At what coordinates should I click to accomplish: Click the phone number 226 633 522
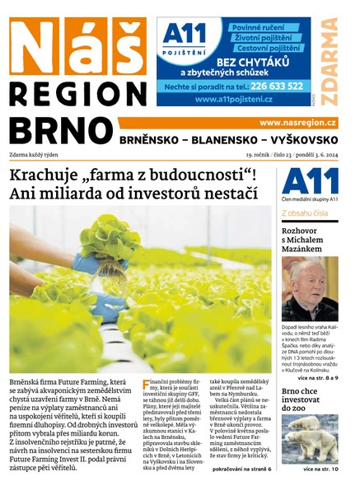click(277, 85)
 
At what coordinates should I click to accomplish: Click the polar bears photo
click(310, 438)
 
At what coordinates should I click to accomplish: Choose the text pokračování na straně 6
click(241, 468)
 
